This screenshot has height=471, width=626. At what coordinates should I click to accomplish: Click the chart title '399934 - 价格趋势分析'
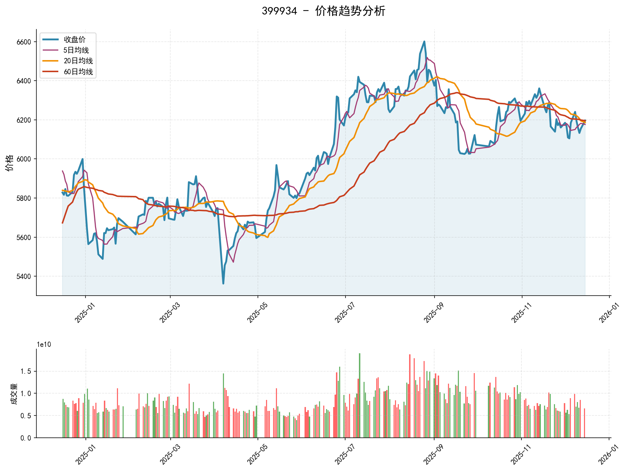click(323, 11)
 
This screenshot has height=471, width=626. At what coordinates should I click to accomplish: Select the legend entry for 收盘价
click(74, 40)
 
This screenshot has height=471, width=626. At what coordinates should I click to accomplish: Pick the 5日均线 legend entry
click(76, 50)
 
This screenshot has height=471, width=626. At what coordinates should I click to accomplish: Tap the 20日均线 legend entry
click(78, 61)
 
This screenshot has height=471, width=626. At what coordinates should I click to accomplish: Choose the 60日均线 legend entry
click(78, 72)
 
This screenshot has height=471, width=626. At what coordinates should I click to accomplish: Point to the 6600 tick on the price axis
click(24, 42)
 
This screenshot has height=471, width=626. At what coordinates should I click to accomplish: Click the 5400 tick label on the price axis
click(24, 277)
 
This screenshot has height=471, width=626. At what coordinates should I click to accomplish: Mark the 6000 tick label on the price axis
click(24, 159)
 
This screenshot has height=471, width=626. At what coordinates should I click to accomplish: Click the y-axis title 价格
click(10, 163)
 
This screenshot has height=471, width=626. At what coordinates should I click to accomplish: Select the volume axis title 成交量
click(14, 394)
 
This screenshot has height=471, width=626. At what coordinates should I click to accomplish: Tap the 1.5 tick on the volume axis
click(26, 371)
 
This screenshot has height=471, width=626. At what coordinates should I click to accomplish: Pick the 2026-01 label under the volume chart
click(607, 455)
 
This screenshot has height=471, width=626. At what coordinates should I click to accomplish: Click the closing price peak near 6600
click(424, 41)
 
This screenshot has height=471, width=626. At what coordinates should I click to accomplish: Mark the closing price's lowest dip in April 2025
click(223, 283)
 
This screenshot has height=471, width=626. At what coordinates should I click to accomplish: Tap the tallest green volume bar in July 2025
click(360, 354)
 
